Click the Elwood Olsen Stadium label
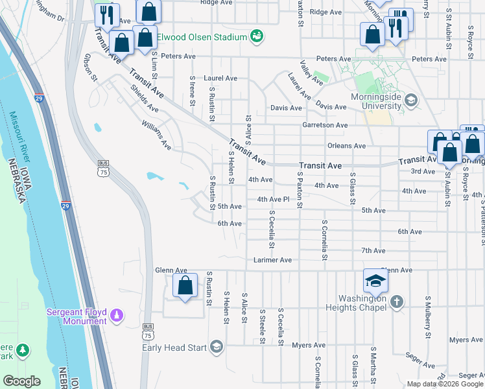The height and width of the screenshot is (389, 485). click(x=202, y=37)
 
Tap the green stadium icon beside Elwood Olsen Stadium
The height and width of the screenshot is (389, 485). click(x=257, y=36)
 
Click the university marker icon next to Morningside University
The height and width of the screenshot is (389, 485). click(x=410, y=100)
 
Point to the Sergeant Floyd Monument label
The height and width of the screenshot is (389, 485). click(x=77, y=316)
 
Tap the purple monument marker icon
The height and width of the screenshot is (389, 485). click(x=117, y=316)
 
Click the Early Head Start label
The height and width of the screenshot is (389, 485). click(x=174, y=348)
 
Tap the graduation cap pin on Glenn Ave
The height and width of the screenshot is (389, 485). click(x=375, y=281)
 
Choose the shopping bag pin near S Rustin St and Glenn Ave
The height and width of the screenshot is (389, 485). click(x=185, y=285)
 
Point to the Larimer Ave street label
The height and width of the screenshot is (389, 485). click(x=272, y=260)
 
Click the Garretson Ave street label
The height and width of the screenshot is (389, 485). click(x=325, y=125)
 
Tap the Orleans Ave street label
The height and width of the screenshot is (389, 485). click(x=347, y=146)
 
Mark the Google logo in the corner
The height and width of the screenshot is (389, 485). click(x=21, y=381)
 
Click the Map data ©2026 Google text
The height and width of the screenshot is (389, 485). click(x=444, y=384)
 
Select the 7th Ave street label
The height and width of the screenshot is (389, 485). click(x=373, y=250)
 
